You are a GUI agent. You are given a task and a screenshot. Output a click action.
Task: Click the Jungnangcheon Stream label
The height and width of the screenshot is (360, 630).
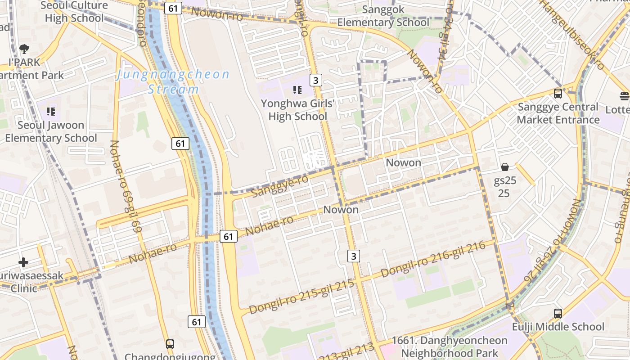pos(173,81)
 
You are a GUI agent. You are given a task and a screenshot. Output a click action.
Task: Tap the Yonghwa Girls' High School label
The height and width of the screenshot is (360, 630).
pos(297,110)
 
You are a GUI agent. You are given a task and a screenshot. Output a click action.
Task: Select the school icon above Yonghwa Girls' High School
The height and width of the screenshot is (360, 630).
pos(297,90)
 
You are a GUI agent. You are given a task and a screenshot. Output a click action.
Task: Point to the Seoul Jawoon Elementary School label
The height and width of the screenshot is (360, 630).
pos(51,131)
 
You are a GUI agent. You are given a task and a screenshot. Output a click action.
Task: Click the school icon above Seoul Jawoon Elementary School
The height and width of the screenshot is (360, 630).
pos(51,111)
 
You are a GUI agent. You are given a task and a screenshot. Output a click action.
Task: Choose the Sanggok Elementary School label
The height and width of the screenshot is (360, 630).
pos(383,16)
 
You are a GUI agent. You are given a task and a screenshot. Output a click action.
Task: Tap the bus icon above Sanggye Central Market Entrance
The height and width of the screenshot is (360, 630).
pos(558,94)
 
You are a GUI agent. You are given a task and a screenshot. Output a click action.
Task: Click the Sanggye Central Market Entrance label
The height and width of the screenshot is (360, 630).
pos(558,113)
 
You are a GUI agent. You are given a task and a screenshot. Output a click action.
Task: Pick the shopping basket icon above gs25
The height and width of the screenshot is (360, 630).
pos(505,167)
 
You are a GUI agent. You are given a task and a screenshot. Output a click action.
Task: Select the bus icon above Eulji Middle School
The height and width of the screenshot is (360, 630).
pos(558,313)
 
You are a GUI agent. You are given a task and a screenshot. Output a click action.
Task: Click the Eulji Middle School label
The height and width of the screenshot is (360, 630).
pos(558,327)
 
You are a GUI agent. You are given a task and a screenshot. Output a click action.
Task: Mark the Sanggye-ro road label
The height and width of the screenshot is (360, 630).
pos(280,186)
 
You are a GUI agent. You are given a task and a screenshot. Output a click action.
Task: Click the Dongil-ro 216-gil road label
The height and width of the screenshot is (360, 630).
pos(433,259)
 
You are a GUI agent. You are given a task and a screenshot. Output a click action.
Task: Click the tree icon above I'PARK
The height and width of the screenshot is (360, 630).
pos(24,49)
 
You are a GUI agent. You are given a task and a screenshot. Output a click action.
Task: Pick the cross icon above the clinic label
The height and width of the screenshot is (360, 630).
pos(23,262)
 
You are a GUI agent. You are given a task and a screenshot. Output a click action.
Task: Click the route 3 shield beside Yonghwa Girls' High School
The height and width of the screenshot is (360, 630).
pos(316,80)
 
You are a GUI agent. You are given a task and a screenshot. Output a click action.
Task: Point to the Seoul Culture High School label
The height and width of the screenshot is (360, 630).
pos(74,12)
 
